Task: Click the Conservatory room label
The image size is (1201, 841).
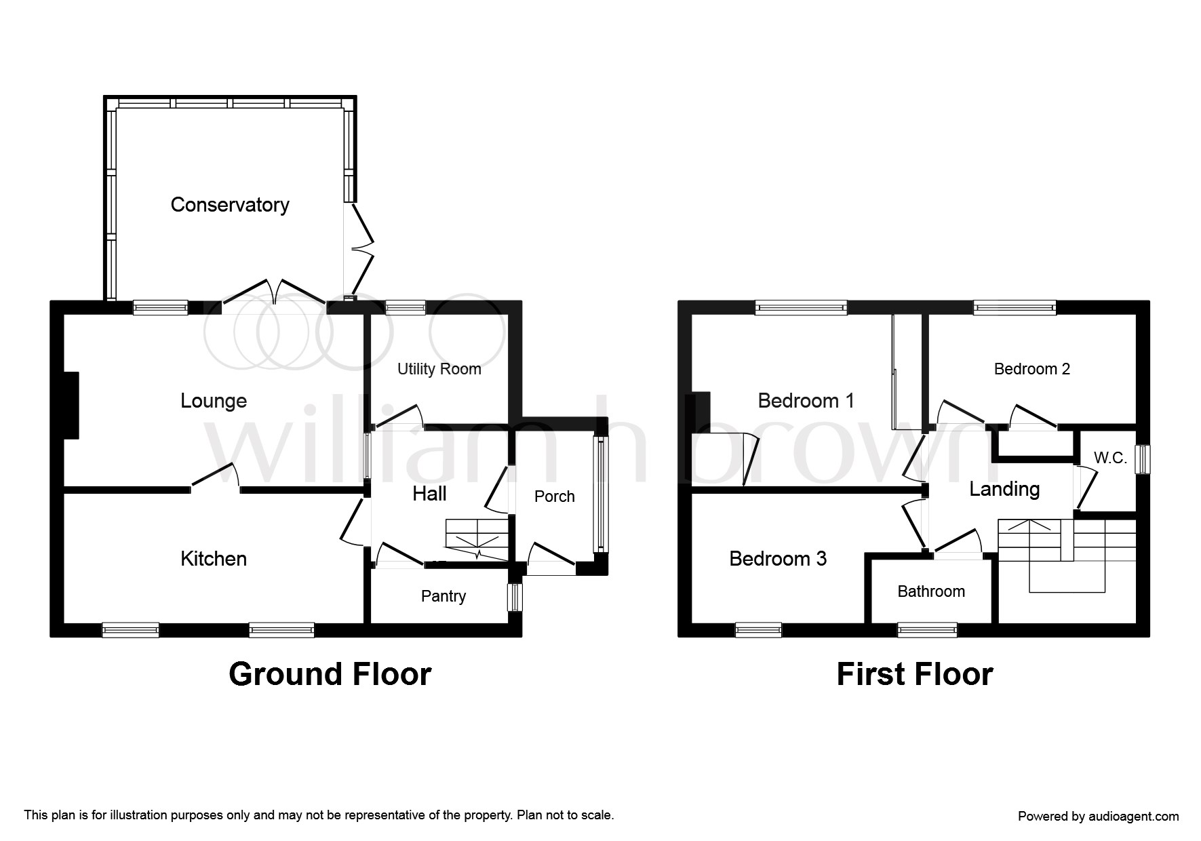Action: (230, 205)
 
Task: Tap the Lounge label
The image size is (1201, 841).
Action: (214, 401)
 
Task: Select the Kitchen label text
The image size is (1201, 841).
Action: (214, 559)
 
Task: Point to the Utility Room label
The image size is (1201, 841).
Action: (439, 369)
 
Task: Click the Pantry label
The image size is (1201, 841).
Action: (444, 596)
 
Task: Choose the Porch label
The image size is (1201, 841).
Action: (554, 496)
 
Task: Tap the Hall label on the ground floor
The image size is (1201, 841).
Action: (429, 494)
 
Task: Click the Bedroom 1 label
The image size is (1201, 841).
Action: (806, 401)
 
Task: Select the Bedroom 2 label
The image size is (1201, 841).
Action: (1031, 369)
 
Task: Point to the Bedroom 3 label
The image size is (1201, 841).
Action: (778, 559)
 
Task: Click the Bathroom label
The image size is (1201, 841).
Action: (931, 591)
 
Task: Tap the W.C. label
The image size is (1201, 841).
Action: (1110, 458)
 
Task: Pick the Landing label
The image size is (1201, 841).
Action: (1004, 489)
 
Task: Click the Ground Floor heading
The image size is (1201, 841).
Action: (330, 674)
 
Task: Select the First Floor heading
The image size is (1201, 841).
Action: (915, 674)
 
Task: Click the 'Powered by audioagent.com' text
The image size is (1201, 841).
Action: (1098, 817)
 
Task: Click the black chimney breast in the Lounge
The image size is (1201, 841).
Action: (71, 405)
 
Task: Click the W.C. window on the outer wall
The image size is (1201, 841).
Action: (1143, 458)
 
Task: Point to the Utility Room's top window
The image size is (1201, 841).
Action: (405, 308)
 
